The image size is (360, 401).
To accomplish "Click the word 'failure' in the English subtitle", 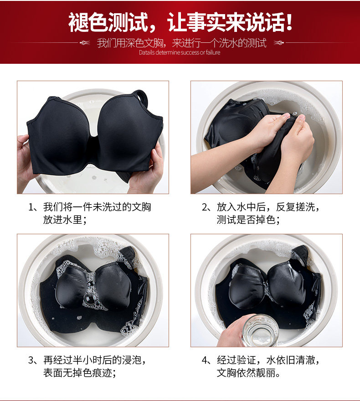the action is [x=213, y=52].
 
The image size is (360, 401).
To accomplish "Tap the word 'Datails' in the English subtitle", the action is [x=146, y=52].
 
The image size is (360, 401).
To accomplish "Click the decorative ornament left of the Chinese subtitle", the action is [x=85, y=43].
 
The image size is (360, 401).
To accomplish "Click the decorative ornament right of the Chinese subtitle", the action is [x=279, y=43].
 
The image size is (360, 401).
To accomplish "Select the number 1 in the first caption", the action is [x=31, y=207].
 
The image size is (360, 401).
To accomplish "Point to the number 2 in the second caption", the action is [x=204, y=207].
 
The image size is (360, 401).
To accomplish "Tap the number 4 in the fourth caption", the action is [x=204, y=360].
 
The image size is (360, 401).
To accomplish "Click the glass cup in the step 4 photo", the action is [x=260, y=331].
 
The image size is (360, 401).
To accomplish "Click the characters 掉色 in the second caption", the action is [x=265, y=220].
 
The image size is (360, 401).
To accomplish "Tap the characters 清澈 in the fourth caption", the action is [x=305, y=360].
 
